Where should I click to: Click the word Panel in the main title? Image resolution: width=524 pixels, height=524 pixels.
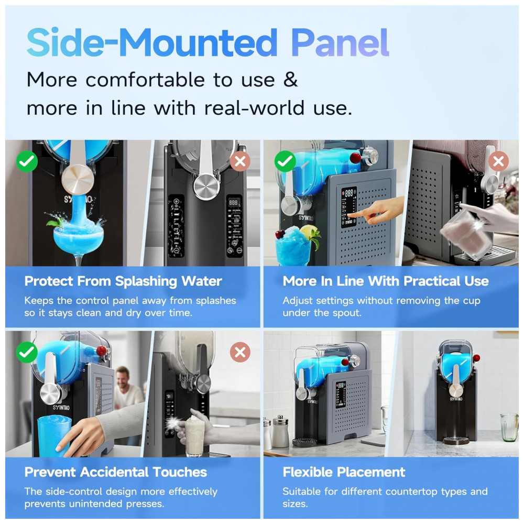[x=340, y=42]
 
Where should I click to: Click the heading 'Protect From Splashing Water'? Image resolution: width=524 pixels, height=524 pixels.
[x=123, y=281]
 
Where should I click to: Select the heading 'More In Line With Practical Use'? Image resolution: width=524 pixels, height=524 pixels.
[x=386, y=281]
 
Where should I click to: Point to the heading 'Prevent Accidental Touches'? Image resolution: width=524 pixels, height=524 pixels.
[x=116, y=472]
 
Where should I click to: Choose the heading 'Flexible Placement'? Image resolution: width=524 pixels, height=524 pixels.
[x=344, y=472]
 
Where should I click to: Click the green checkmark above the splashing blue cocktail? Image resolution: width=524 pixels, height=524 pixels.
[x=27, y=161]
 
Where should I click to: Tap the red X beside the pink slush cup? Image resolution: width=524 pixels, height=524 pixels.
[x=498, y=161]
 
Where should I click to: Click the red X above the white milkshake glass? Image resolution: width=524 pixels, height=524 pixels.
[x=240, y=352]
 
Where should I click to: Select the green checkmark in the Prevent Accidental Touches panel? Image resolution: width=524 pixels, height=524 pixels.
[x=27, y=352]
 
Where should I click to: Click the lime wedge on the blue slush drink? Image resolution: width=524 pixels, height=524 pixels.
[x=308, y=230]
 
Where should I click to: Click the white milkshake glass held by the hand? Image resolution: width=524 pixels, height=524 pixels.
[x=195, y=434]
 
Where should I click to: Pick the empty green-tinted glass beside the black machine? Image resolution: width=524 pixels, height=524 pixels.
[x=509, y=427]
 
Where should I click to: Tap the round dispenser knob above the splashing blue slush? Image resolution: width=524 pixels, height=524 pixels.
[x=78, y=179]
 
